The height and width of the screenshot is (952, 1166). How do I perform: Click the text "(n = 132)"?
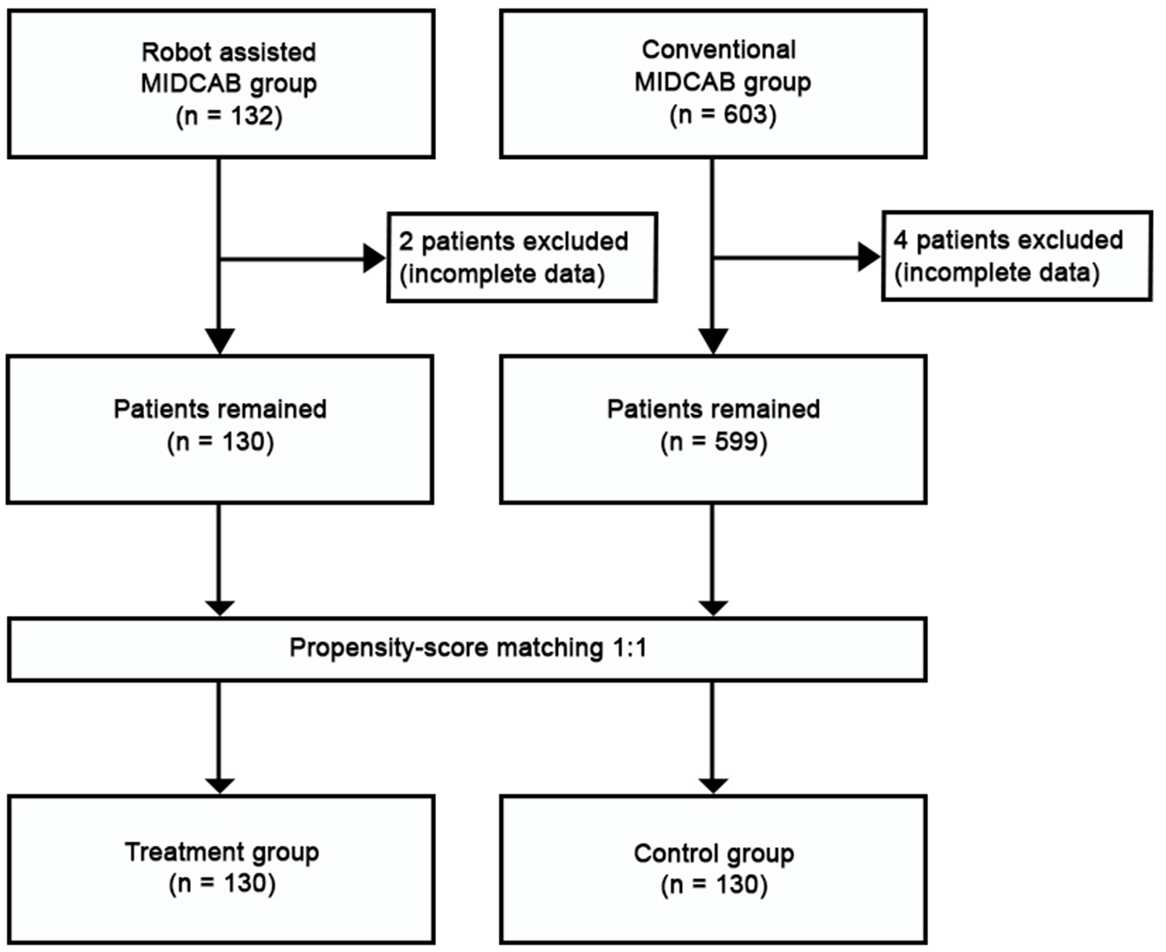(x=229, y=116)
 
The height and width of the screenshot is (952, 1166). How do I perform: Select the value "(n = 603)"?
(x=722, y=114)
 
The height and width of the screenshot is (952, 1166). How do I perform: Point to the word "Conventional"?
(x=718, y=49)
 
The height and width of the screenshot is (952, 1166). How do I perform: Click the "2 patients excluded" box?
(x=522, y=258)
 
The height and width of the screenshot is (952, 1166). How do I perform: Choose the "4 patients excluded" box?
(x=1016, y=256)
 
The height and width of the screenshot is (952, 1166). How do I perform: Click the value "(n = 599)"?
(x=713, y=442)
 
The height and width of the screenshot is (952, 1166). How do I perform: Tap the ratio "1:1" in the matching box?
(x=629, y=648)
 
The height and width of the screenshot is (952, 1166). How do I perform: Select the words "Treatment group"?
(x=221, y=852)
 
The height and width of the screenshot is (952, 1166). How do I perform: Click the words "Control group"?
(x=713, y=853)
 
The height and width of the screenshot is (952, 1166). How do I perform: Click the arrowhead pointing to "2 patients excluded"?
(x=374, y=259)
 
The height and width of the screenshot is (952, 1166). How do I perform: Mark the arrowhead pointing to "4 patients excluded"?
(x=869, y=257)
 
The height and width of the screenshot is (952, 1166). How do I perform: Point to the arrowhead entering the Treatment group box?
(x=220, y=785)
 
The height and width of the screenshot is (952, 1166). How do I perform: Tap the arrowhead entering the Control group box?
(x=713, y=785)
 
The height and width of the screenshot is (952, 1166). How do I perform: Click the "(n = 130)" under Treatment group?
(x=221, y=884)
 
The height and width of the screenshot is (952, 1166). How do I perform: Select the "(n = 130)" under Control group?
(x=713, y=885)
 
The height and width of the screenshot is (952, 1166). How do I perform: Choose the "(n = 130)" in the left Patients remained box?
(x=220, y=442)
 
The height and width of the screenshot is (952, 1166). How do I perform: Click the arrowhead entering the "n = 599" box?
(x=713, y=341)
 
